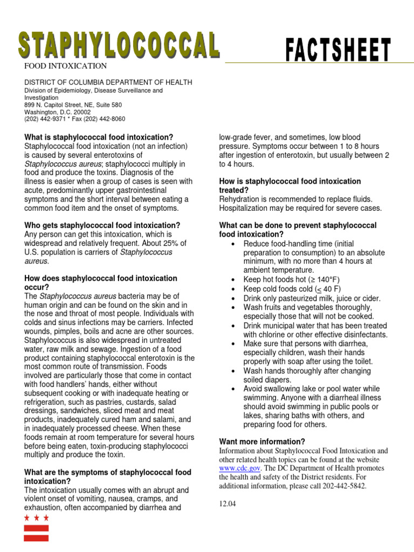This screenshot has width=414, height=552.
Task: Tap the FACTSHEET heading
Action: (338, 51)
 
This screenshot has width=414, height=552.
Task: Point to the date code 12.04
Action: (227, 504)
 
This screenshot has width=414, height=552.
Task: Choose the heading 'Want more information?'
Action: (262, 441)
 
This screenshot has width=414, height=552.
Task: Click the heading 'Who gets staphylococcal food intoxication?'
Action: (102, 225)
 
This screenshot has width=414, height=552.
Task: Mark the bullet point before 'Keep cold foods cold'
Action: (232, 289)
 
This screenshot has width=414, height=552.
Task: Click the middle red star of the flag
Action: (36, 518)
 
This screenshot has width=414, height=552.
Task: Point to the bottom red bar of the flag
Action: (36, 537)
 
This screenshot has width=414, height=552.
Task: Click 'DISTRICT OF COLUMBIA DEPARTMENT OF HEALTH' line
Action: (108, 82)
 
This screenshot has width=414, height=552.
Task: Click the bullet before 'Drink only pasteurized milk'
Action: (232, 298)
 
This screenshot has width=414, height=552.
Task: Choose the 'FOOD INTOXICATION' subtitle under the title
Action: (64, 66)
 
